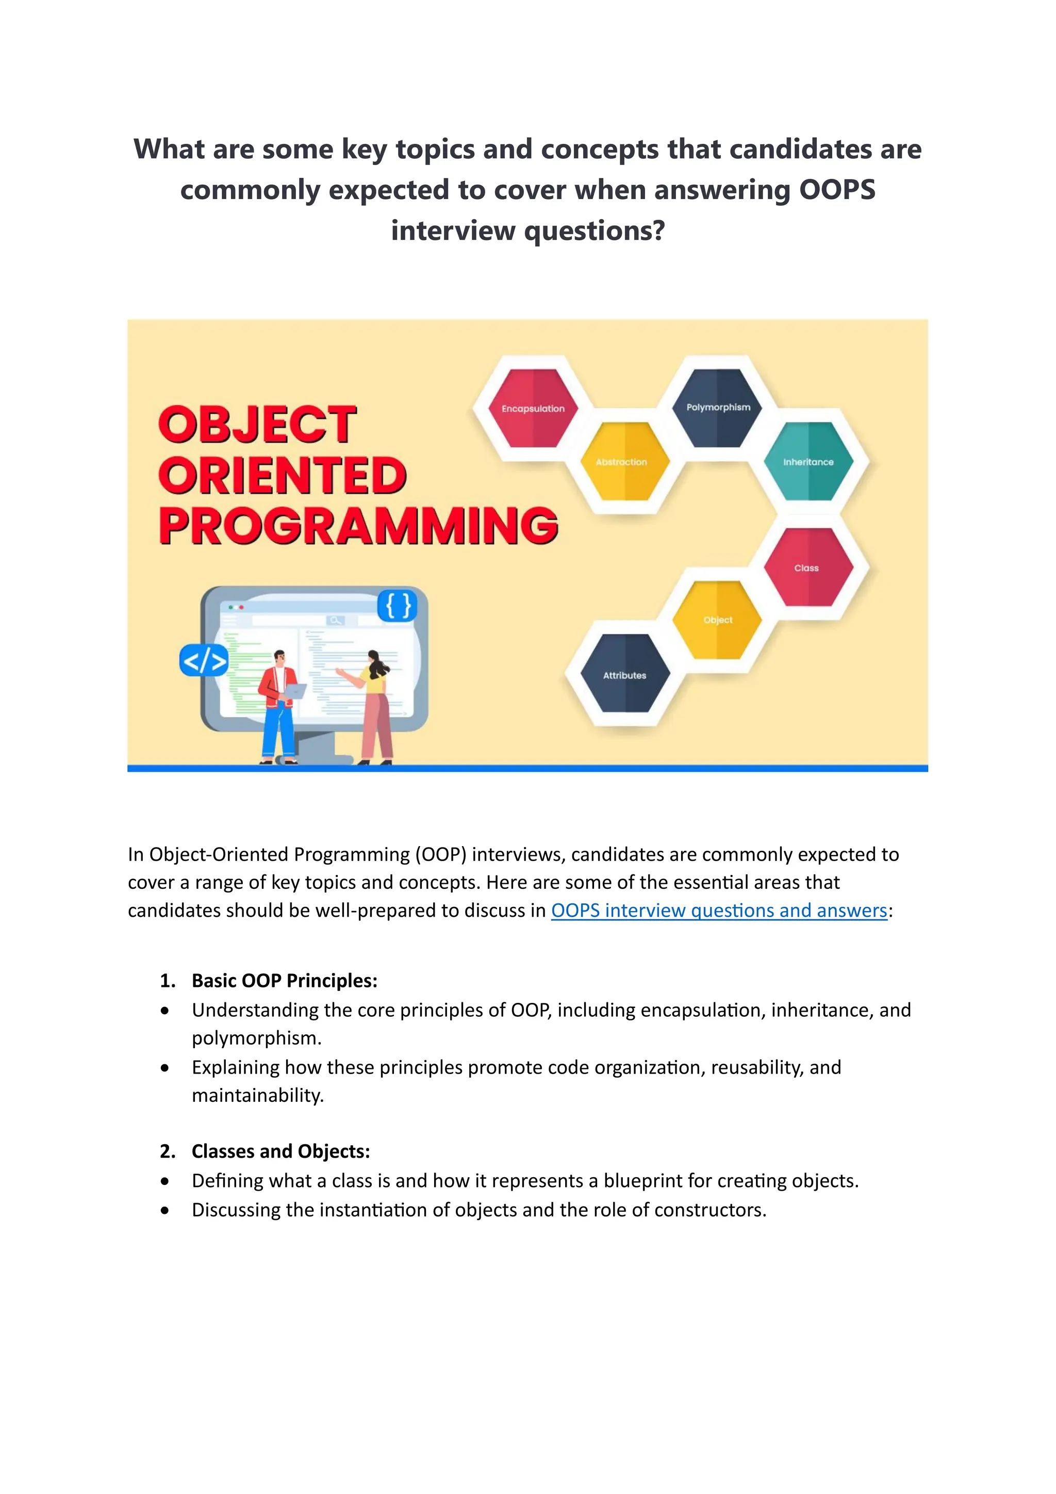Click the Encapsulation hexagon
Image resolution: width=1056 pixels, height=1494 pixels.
(533, 408)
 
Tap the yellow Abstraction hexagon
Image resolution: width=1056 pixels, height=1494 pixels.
(623, 461)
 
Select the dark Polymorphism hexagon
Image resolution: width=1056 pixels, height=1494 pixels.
(718, 408)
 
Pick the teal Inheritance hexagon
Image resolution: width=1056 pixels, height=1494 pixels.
(808, 461)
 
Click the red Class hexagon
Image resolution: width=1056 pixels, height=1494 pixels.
(807, 567)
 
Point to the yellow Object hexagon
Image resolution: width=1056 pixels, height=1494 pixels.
(717, 620)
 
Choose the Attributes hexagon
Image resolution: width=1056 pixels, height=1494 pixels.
(625, 674)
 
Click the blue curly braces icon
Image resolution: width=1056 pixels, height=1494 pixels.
(398, 606)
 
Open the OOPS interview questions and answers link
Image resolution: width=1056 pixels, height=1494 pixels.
(718, 911)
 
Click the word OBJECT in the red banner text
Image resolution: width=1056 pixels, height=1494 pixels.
(257, 426)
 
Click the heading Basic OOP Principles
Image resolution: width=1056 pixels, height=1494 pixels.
(284, 980)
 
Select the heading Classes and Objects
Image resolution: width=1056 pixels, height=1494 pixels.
(280, 1151)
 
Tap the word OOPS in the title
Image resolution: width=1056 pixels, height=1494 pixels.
(837, 190)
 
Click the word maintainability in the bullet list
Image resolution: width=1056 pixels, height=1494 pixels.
(257, 1095)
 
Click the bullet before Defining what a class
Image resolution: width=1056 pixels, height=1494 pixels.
(165, 1181)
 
